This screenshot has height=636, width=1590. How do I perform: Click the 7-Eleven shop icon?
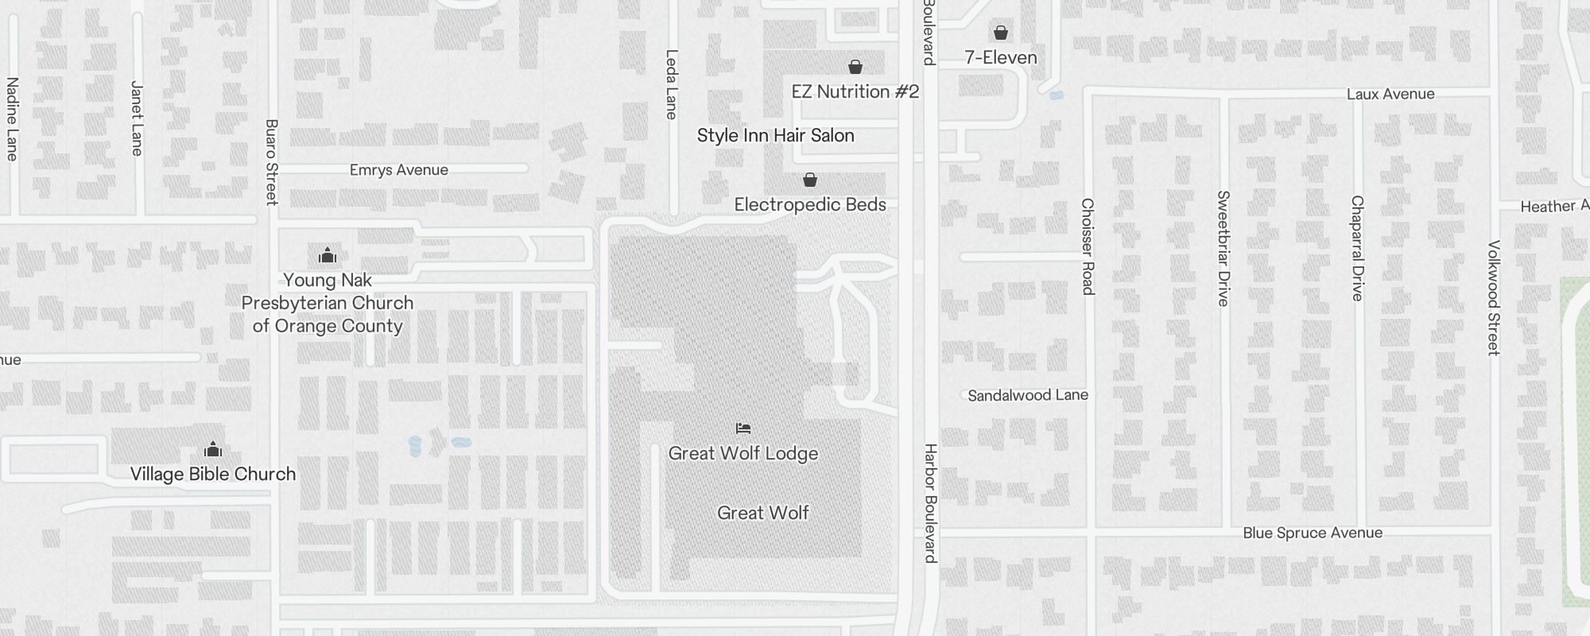click(1001, 33)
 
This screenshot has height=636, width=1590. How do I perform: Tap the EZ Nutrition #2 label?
click(855, 91)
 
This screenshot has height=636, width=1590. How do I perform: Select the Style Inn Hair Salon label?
click(775, 135)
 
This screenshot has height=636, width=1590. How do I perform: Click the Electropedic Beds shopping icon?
click(809, 180)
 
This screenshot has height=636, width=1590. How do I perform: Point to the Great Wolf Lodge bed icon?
click(743, 429)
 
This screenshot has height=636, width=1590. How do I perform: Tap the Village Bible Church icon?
click(213, 450)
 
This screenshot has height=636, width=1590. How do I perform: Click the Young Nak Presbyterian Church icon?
click(328, 256)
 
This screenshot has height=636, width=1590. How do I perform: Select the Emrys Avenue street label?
click(399, 169)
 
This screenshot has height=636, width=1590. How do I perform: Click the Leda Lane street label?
click(672, 84)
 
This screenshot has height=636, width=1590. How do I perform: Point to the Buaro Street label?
click(272, 162)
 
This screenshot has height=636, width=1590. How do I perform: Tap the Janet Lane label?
click(137, 118)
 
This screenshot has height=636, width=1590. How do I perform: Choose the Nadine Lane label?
click(12, 118)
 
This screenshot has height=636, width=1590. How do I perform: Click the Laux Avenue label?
click(1390, 94)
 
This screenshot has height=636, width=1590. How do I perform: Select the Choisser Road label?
click(1088, 246)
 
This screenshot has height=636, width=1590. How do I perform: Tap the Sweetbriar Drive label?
click(1224, 248)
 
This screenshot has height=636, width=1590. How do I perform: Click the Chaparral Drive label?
click(1357, 248)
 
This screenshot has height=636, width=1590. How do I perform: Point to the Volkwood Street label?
click(1494, 297)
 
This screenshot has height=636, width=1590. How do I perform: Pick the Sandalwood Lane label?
click(1027, 395)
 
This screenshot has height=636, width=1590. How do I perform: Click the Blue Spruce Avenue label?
click(1313, 533)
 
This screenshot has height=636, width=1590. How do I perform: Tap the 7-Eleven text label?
click(1001, 57)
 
